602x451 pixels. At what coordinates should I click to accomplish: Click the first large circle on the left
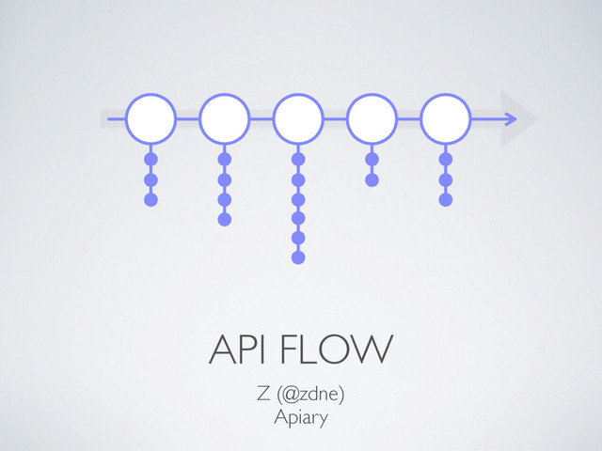(x=150, y=119)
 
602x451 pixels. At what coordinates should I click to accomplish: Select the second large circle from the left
(x=224, y=119)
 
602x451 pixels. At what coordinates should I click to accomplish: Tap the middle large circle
(x=298, y=119)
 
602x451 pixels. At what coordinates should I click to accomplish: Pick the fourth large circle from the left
(x=372, y=119)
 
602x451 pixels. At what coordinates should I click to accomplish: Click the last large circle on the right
(x=445, y=119)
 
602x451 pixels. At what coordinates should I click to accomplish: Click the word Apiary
(x=300, y=417)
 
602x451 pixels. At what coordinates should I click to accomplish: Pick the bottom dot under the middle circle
(x=298, y=257)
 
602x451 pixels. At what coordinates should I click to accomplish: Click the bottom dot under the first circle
(x=150, y=199)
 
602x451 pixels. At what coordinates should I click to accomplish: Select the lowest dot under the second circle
(x=224, y=219)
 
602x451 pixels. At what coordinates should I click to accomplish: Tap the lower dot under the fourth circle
(x=372, y=179)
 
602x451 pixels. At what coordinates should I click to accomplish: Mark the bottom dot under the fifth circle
(x=445, y=199)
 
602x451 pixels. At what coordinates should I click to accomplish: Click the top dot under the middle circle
(x=298, y=160)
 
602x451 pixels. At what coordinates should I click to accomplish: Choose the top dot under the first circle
(x=150, y=160)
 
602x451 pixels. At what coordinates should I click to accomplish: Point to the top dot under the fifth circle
(x=445, y=160)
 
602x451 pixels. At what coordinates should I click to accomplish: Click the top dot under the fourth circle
(x=372, y=160)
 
